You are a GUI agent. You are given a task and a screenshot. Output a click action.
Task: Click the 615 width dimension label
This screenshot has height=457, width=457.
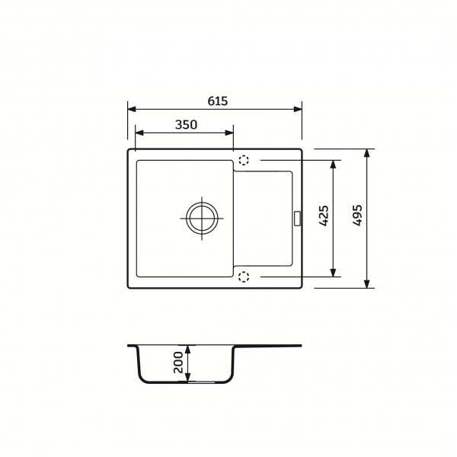217,101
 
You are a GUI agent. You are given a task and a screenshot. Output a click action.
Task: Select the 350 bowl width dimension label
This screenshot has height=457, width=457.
186,125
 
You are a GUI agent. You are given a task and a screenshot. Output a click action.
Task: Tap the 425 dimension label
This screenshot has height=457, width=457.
324,216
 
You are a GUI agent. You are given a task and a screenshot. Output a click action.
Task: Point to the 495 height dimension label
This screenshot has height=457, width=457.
357,215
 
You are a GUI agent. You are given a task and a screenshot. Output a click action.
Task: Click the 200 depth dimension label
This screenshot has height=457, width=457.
178,363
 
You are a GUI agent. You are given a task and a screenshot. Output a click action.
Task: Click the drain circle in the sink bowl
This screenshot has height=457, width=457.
202,219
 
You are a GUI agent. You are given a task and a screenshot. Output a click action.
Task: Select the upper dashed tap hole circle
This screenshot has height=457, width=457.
244,160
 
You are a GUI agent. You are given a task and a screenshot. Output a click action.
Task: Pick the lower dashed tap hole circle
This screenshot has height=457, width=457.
244,276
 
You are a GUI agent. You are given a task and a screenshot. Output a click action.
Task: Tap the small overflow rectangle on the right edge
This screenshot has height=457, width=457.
298,219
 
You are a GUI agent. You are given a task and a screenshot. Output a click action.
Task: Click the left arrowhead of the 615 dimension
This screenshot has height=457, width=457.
132,109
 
